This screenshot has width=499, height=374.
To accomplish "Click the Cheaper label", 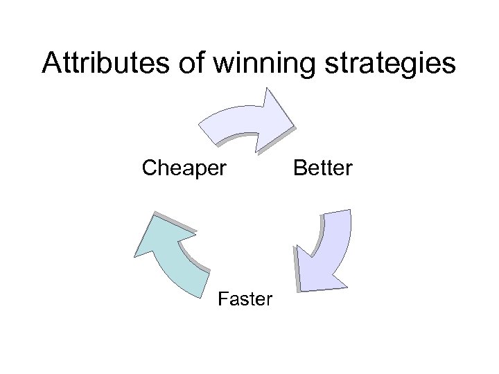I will [184, 168].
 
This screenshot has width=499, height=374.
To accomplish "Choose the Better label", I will [324, 168].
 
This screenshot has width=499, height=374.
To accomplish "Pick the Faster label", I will [245, 299].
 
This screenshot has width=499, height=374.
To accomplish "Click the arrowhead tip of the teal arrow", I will [137, 254].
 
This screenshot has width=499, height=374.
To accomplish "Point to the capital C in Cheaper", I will [149, 168].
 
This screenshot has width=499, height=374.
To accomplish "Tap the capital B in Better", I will [300, 168].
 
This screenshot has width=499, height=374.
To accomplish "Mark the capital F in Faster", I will [222, 299].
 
